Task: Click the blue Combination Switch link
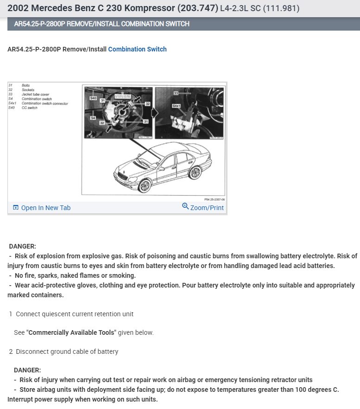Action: pyautogui.click(x=137, y=49)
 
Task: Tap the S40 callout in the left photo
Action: pyautogui.click(x=93, y=98)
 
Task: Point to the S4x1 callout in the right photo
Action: pyautogui.click(x=176, y=106)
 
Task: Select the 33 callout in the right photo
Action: pyautogui.click(x=176, y=94)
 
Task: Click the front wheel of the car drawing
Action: pyautogui.click(x=145, y=186)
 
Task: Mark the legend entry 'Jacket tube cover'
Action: pyautogui.click(x=35, y=94)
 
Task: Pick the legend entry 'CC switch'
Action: pyautogui.click(x=30, y=108)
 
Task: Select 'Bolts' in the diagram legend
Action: pyautogui.click(x=25, y=85)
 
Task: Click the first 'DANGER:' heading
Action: pyautogui.click(x=22, y=246)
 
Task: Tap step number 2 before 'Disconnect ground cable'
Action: pyautogui.click(x=11, y=351)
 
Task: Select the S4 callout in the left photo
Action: pyautogui.click(x=93, y=119)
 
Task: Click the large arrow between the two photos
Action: pyautogui.click(x=155, y=113)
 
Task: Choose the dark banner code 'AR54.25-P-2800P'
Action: pyautogui.click(x=40, y=24)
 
